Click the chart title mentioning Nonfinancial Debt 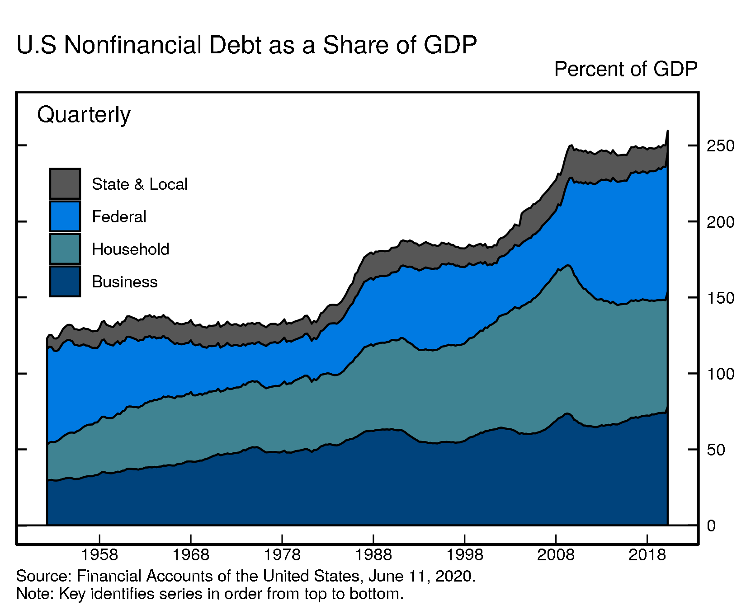(246, 45)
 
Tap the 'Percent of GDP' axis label (626, 69)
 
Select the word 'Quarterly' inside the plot (84, 115)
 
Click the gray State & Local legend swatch (65, 183)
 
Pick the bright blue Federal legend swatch (65, 216)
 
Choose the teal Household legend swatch (65, 249)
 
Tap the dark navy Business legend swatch (65, 282)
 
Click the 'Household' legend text (130, 249)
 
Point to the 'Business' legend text (124, 282)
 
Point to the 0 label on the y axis (711, 526)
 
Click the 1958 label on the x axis (99, 554)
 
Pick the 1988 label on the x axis (373, 554)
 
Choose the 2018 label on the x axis (647, 554)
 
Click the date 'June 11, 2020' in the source (421, 576)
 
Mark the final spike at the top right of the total (667, 132)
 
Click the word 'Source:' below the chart (44, 576)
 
